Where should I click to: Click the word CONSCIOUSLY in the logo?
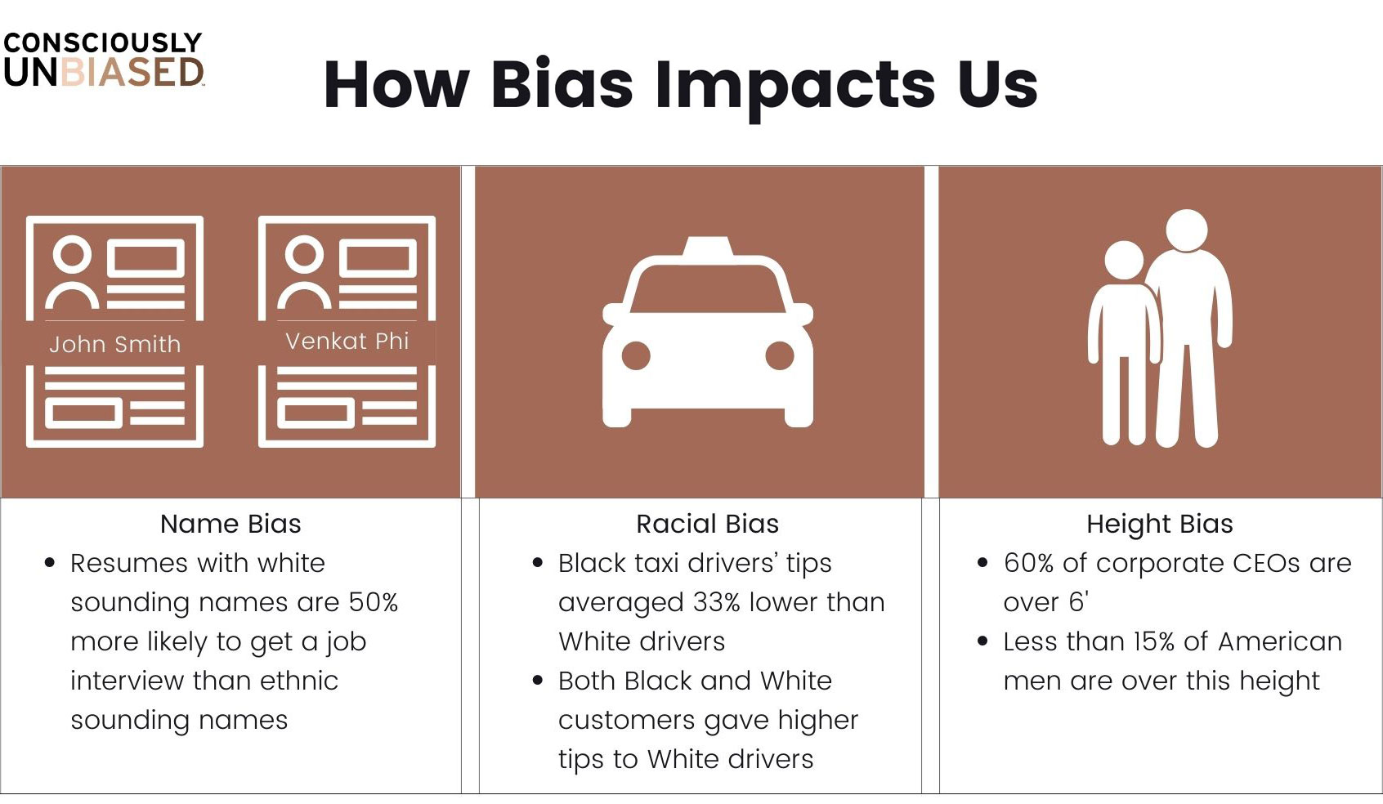click(102, 42)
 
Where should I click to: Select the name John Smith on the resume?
click(114, 344)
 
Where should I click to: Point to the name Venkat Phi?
click(347, 341)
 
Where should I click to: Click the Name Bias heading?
click(230, 524)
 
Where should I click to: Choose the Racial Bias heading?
click(708, 524)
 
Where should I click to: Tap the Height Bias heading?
click(1160, 525)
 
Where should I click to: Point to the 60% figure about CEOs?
click(1028, 563)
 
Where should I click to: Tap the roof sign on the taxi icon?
click(708, 246)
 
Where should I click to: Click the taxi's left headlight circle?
click(636, 355)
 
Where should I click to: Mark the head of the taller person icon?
click(1186, 230)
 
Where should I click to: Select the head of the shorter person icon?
click(1124, 260)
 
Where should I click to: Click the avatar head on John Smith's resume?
click(72, 254)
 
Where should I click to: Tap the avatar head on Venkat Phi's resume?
click(304, 254)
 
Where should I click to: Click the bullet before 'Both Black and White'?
click(538, 681)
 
